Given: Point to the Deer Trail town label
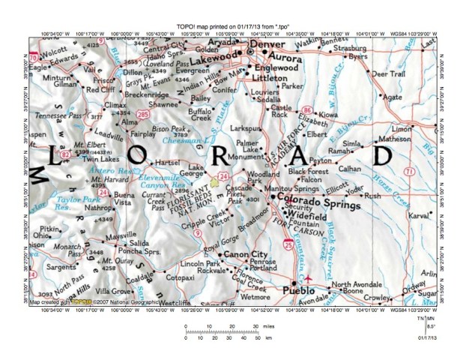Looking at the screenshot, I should coord(389,75).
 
